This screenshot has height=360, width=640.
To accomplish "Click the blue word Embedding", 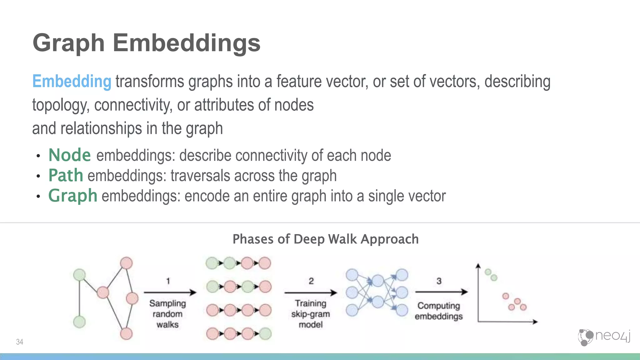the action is click(72, 82).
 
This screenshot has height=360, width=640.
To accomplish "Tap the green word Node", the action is click(70, 155).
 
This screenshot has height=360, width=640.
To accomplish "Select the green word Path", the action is click(66, 175).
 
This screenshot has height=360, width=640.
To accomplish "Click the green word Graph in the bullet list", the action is click(72, 196).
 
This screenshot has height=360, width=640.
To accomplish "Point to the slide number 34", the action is click(19, 342).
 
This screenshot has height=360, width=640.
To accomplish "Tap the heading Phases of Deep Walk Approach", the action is click(325, 239).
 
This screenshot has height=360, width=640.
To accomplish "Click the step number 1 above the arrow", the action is click(168, 281).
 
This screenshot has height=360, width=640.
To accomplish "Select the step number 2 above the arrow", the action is click(311, 281).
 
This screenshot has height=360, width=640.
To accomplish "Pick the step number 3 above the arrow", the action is click(439, 281).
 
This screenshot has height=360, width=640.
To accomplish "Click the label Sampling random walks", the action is click(167, 314).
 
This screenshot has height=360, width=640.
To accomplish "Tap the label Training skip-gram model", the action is click(311, 314).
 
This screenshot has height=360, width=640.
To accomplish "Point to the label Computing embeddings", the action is click(439, 311).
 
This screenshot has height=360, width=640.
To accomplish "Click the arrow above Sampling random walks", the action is click(170, 292).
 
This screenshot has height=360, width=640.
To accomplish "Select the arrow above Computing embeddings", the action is click(441, 292).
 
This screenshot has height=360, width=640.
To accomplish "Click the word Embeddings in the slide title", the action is click(186, 43).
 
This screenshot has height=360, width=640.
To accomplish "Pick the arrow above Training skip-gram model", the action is click(311, 293).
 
